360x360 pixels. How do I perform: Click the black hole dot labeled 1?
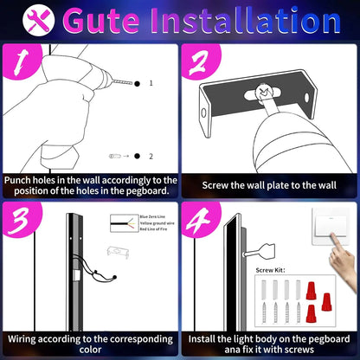137,83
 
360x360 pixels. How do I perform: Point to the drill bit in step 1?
121,81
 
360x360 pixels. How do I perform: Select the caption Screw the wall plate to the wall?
269,185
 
